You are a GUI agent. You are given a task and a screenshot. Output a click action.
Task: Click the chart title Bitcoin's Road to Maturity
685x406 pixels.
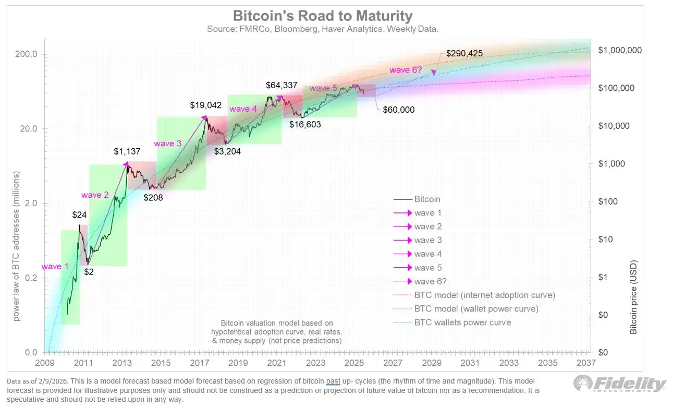322,16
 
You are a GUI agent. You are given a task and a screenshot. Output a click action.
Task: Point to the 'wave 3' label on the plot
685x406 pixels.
167,142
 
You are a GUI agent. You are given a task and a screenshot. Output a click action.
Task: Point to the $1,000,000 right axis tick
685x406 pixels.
620,50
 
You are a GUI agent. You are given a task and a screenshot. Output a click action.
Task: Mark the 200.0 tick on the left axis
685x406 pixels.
25,54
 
